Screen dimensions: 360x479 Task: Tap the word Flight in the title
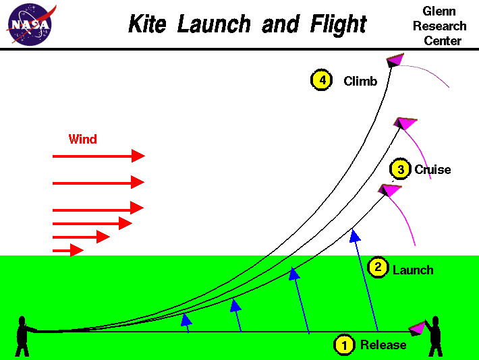click(339, 25)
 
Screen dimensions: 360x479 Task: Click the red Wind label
click(82, 140)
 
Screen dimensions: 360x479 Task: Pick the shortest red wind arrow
click(67, 250)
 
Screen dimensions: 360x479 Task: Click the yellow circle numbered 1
click(344, 345)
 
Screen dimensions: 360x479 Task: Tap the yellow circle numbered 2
click(378, 268)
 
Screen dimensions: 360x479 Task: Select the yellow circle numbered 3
click(401, 169)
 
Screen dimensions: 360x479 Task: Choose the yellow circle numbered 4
click(322, 80)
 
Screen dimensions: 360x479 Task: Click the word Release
click(383, 345)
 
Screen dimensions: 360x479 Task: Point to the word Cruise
click(432, 170)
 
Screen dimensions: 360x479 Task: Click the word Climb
click(360, 82)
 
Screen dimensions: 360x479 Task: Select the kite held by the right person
click(418, 328)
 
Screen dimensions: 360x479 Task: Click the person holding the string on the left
click(24, 335)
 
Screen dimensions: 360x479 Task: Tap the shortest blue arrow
click(186, 323)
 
